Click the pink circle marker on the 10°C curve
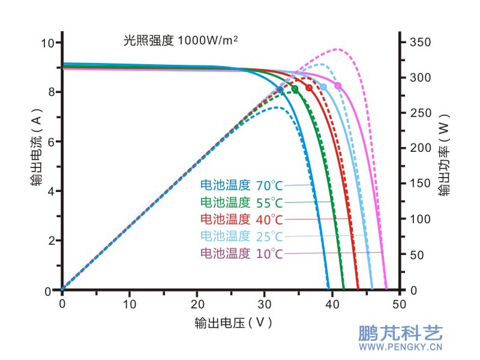(338, 86)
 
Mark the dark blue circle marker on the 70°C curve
(280, 89)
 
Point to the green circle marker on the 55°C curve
(295, 89)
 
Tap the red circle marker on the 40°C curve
(309, 88)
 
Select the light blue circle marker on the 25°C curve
(323, 87)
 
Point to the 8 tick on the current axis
(49, 92)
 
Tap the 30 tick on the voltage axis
(265, 303)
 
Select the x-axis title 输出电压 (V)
(233, 323)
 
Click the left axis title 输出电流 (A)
(37, 147)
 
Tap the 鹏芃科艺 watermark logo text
(400, 334)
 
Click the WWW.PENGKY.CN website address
(400, 347)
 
